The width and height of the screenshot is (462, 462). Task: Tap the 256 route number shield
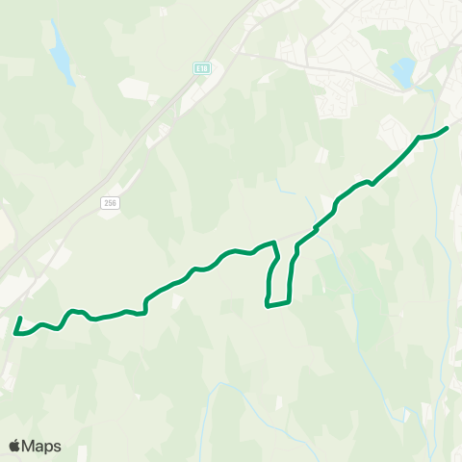pyautogui.click(x=112, y=201)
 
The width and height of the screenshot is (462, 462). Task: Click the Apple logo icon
pyautogui.click(x=14, y=446)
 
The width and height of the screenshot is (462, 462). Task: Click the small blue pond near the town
pyautogui.click(x=403, y=69)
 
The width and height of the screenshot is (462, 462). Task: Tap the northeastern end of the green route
pyautogui.click(x=448, y=128)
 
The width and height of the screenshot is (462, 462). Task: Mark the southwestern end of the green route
pyautogui.click(x=21, y=317)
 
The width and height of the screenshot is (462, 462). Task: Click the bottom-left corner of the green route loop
pyautogui.click(x=267, y=307)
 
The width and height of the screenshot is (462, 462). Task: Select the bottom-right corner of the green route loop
pyautogui.click(x=289, y=302)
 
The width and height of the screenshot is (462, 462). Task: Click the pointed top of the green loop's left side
pyautogui.click(x=275, y=243)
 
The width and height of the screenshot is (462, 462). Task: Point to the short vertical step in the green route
pyautogui.click(x=145, y=305)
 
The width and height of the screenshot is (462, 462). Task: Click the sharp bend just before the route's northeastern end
pyautogui.click(x=420, y=138)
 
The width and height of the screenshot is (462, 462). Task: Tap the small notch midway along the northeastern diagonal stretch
pyautogui.click(x=370, y=183)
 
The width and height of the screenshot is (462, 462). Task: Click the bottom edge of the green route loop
pyautogui.click(x=278, y=305)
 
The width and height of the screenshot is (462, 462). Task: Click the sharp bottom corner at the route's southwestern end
pyautogui.click(x=16, y=334)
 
